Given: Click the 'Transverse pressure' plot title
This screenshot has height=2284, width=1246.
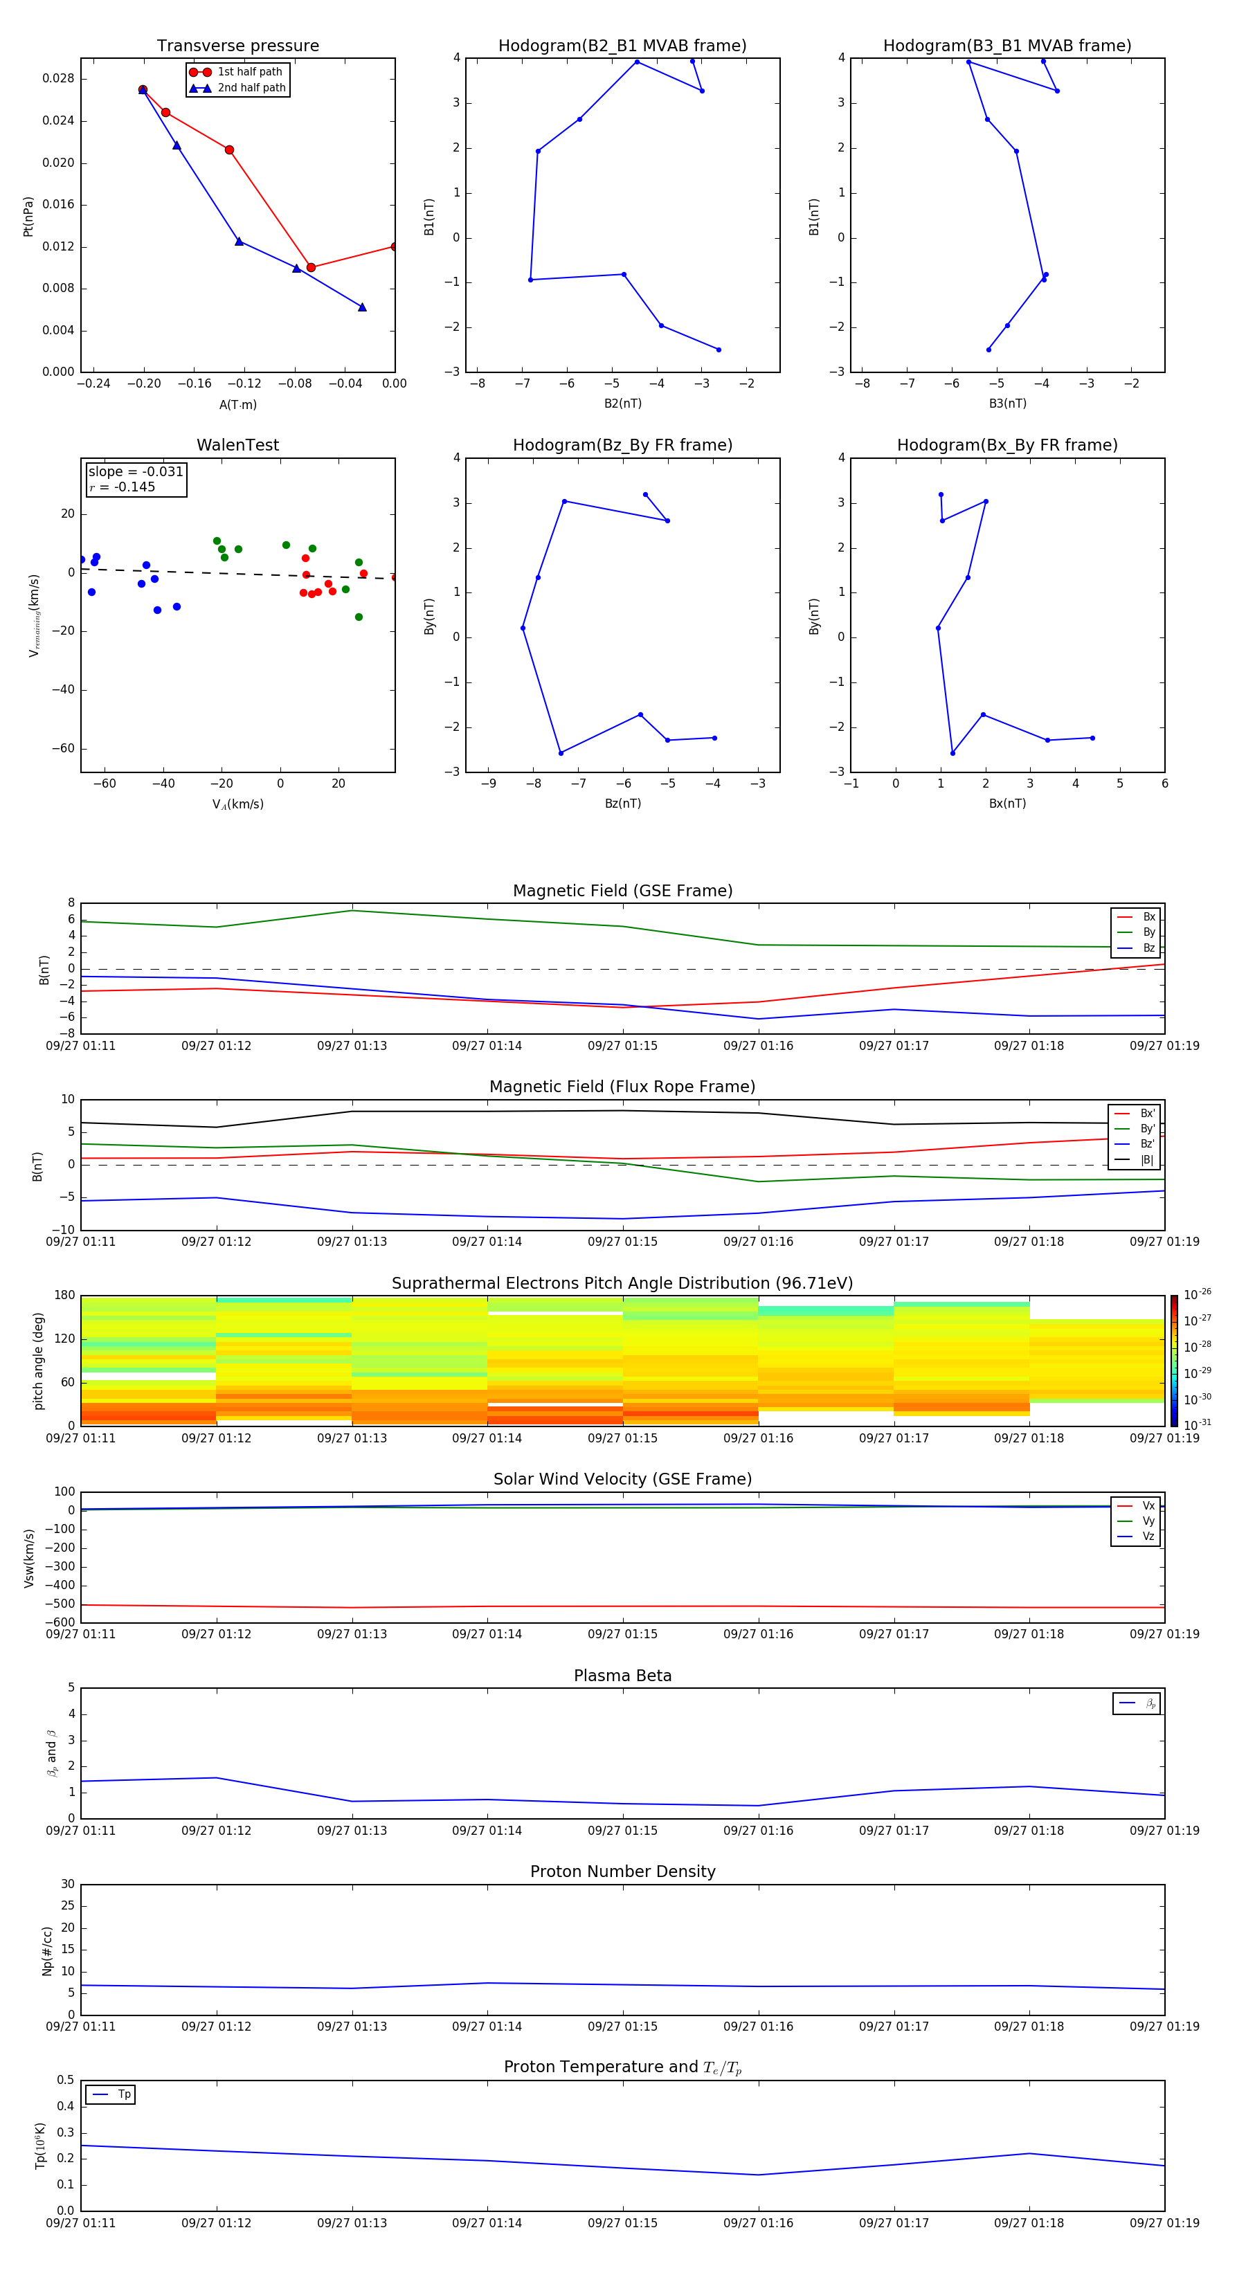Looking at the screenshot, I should (x=237, y=45).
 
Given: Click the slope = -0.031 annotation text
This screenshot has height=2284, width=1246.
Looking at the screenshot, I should (x=136, y=472).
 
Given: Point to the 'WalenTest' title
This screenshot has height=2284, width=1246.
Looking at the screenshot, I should (x=237, y=445).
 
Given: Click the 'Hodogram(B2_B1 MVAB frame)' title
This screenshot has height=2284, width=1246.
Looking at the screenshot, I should (x=622, y=45).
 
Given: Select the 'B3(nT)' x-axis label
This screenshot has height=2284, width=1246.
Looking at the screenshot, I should (x=1007, y=404).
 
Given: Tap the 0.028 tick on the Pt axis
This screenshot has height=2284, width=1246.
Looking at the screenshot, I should (x=59, y=79).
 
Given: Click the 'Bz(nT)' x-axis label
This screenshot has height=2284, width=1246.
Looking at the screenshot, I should (x=622, y=804).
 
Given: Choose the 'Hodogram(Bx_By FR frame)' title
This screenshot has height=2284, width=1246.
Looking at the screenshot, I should (x=1006, y=445).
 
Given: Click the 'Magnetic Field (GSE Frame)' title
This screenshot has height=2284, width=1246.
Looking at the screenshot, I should (x=622, y=890).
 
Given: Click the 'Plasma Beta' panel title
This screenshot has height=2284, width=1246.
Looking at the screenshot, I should (x=622, y=1676).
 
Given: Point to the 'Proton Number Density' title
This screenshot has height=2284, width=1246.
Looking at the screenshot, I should (x=622, y=1871).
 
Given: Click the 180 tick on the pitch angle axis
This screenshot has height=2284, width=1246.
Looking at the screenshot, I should (x=65, y=1296).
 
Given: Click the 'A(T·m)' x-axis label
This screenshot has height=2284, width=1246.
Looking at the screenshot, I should (x=237, y=405).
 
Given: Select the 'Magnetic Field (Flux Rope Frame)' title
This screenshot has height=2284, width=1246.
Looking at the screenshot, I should (x=622, y=1086).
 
